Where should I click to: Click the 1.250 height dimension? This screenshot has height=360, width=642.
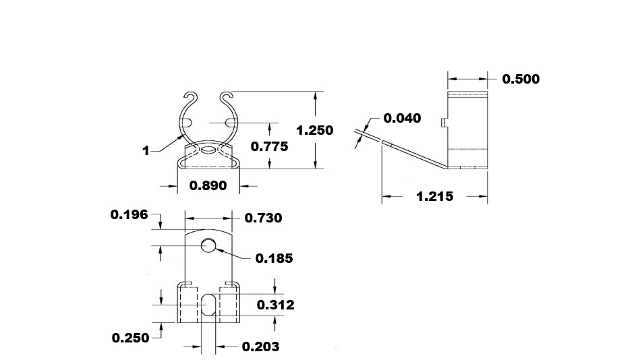pyautogui.click(x=315, y=130)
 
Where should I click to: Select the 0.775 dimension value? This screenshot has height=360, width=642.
pyautogui.click(x=269, y=146)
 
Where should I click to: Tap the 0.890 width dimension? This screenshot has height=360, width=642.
pyautogui.click(x=208, y=185)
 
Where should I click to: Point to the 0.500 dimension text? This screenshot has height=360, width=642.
pyautogui.click(x=521, y=79)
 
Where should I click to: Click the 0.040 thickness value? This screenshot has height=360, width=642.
pyautogui.click(x=402, y=119)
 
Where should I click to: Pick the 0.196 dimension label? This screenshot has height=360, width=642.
pyautogui.click(x=129, y=215)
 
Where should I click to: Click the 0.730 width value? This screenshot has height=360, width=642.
pyautogui.click(x=263, y=218)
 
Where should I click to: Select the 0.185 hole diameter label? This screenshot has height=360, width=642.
pyautogui.click(x=274, y=258)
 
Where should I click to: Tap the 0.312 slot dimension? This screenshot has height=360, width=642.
pyautogui.click(x=276, y=305)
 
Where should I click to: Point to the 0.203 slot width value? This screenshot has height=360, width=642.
pyautogui.click(x=260, y=347)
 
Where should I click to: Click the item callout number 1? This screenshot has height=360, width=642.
pyautogui.click(x=146, y=151)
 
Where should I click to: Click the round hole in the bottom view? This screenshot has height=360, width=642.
pyautogui.click(x=208, y=247)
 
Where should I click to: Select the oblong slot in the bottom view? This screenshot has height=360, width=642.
pyautogui.click(x=209, y=305)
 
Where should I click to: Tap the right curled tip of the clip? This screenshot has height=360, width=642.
pyautogui.click(x=226, y=95)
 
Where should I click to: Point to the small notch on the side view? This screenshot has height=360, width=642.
pyautogui.click(x=442, y=123)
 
